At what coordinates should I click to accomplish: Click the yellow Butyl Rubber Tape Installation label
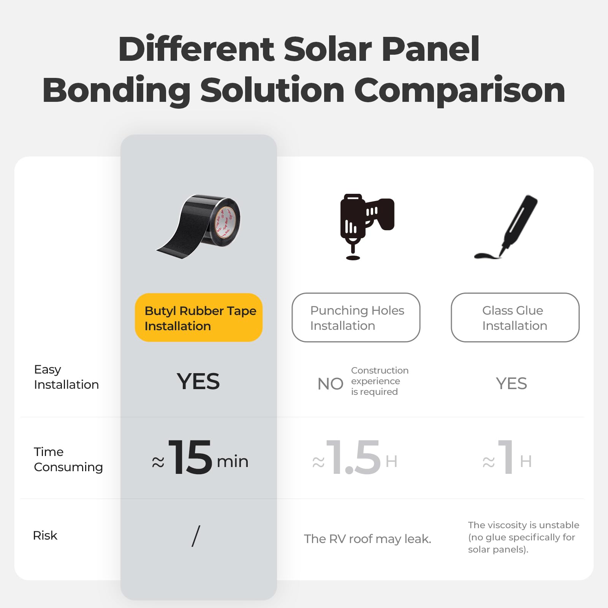coord(199,318)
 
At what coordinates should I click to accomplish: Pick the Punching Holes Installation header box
coord(356,318)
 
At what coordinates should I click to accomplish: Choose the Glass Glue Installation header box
coord(515,318)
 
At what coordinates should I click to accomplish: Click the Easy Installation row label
coord(66,377)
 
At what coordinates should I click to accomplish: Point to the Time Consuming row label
coord(68,459)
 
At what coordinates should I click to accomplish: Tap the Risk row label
coord(45,535)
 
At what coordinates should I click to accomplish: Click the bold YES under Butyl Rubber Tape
coord(198,382)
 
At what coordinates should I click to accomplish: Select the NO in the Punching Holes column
coord(330,384)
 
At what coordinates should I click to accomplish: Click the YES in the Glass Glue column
coord(511,384)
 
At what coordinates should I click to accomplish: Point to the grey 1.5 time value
coord(353,458)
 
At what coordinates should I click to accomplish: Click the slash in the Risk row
coord(196,536)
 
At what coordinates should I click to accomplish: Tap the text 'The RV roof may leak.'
coord(367,539)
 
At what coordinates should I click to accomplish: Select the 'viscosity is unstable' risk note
coord(523,537)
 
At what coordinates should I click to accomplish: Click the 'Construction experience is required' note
coord(379,381)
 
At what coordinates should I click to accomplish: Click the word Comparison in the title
coord(459,90)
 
